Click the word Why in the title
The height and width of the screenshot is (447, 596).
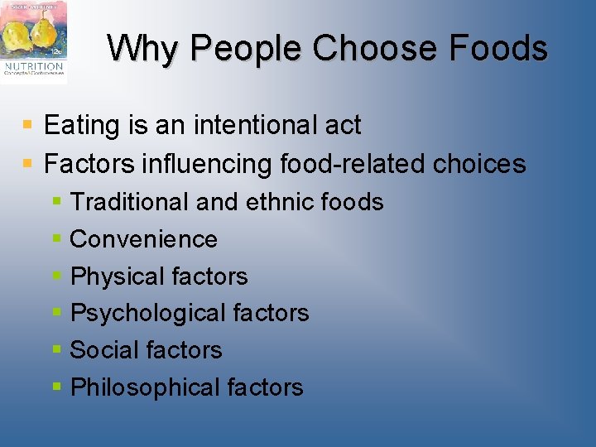(x=137, y=49)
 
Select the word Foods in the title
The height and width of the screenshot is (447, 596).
(x=498, y=49)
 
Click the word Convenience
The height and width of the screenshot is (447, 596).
(x=144, y=239)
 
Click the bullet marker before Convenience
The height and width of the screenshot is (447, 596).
(x=56, y=239)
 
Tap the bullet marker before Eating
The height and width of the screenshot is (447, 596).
(x=28, y=126)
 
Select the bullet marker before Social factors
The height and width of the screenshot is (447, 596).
(x=56, y=350)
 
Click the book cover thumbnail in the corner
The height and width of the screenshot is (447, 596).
(x=34, y=41)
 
